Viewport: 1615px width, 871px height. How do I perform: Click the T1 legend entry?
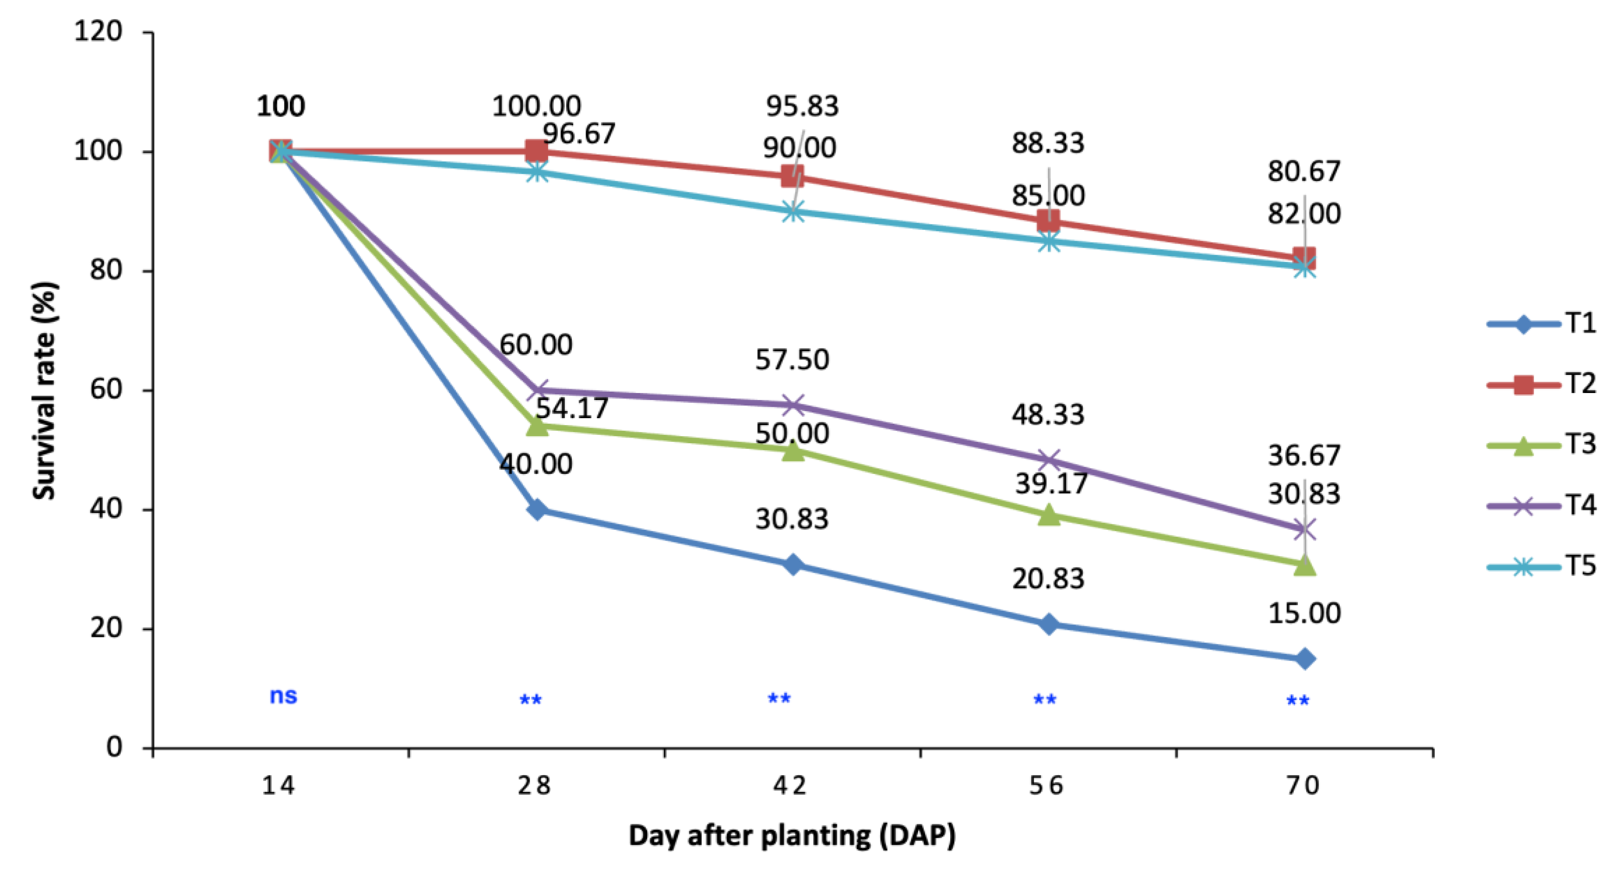1542,324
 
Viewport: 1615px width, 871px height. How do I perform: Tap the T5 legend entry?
1542,566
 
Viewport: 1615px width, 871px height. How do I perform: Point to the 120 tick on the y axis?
98,31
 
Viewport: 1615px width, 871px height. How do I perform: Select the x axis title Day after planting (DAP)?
792,836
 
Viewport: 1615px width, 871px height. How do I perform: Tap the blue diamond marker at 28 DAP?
536,510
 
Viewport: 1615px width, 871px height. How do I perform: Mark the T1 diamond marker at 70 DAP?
1304,659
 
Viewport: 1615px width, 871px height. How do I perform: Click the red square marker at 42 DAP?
793,177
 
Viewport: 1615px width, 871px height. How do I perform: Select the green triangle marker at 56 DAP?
1049,515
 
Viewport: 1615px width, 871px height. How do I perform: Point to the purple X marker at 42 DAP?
793,405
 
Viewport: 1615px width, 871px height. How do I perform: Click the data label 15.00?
1304,613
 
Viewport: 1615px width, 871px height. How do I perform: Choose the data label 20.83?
1048,578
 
